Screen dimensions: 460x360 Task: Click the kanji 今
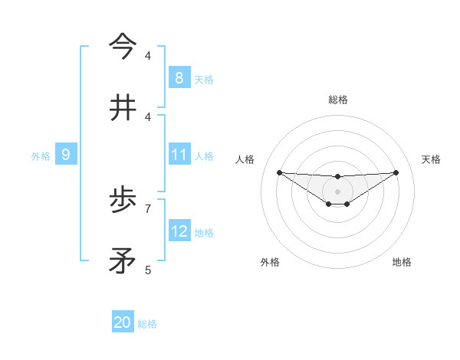123,47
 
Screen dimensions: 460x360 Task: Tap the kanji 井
123,108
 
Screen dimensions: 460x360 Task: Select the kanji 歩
123,200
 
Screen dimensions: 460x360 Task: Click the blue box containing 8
179,77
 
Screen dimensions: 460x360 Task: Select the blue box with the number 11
179,155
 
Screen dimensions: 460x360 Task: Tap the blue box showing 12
179,231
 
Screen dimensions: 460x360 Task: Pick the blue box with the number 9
66,155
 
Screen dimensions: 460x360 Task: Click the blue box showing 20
123,322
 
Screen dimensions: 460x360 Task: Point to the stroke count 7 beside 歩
148,208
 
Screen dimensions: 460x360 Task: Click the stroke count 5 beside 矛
148,270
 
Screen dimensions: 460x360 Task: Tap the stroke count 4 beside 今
148,55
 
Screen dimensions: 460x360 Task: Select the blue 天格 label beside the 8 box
204,79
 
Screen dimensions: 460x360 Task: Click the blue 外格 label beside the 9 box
41,156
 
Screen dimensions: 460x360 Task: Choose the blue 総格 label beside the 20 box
147,324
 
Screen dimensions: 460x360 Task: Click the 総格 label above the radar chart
337,100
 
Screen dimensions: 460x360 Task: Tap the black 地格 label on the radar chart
402,262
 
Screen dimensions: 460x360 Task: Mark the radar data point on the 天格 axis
396,172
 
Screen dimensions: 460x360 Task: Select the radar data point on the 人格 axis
279,172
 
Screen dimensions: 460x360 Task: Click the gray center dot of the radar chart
337,191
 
